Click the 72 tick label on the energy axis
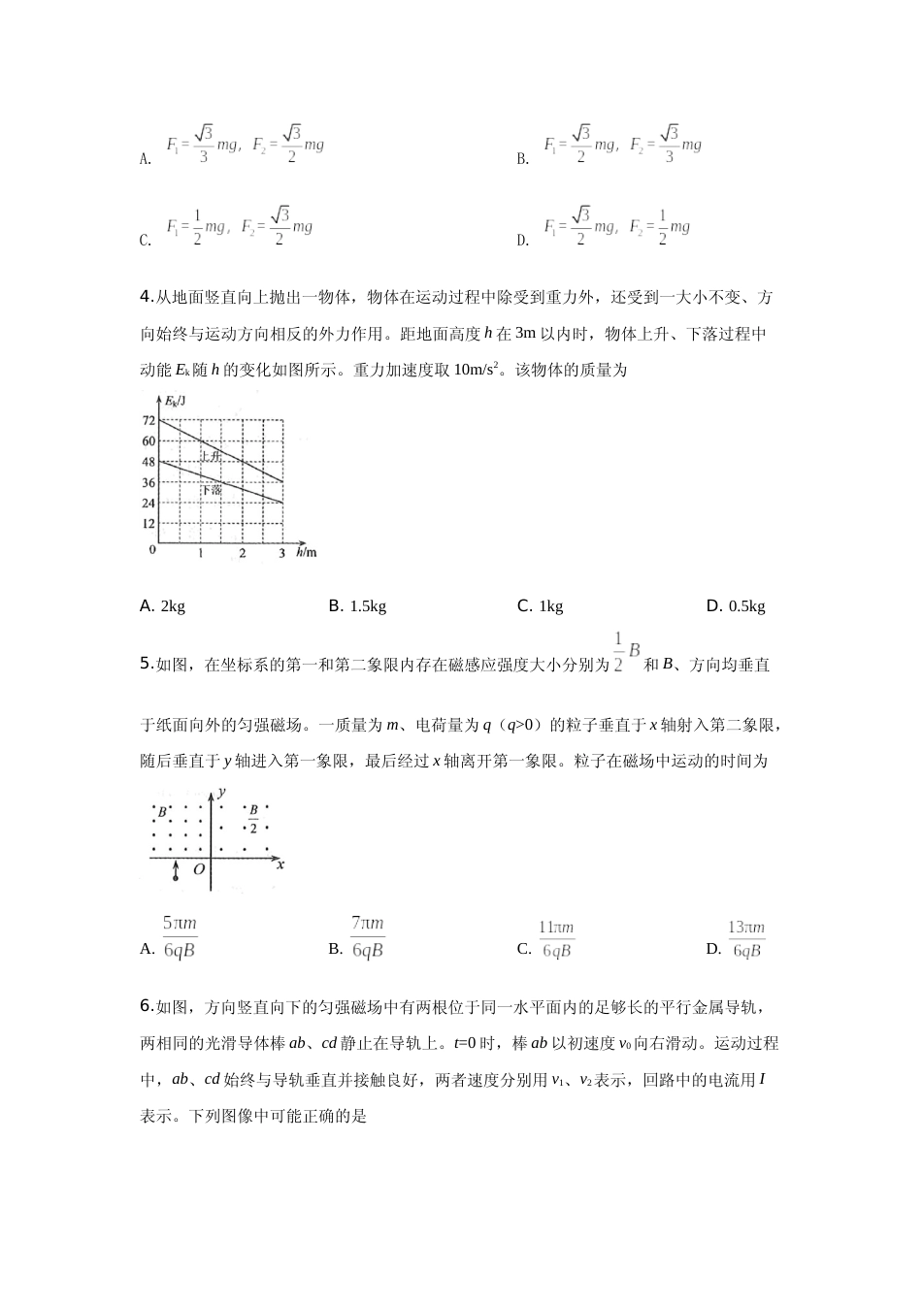(148, 420)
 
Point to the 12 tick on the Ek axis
(148, 524)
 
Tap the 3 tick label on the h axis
(281, 553)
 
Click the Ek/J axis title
(176, 401)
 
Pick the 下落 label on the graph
(212, 490)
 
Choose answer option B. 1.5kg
(357, 606)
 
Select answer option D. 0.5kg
(736, 606)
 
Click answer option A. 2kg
(162, 606)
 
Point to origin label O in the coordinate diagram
(199, 870)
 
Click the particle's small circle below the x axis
(176, 878)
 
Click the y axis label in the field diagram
(222, 793)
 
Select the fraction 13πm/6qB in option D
(747, 939)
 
